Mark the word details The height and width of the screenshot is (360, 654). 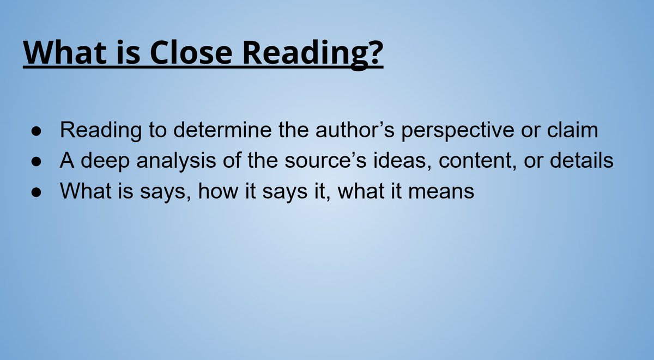coord(583,161)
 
